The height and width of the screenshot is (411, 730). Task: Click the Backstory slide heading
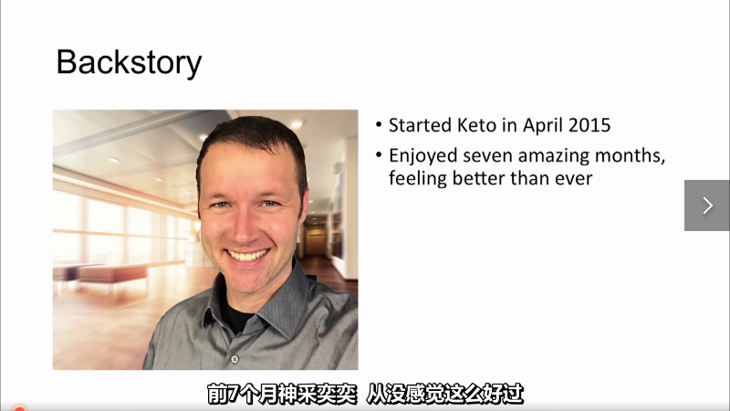(x=129, y=62)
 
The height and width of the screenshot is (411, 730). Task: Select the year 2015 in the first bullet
(x=589, y=125)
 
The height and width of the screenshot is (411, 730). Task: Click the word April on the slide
(x=542, y=126)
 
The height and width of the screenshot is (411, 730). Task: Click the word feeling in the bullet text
(x=418, y=179)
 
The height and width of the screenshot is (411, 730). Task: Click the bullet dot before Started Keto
(x=379, y=125)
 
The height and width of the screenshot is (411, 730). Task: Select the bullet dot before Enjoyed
(x=379, y=155)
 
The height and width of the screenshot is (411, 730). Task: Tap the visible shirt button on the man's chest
(x=235, y=359)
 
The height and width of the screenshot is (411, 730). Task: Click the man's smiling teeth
(x=247, y=255)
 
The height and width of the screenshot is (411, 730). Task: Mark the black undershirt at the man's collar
(x=237, y=316)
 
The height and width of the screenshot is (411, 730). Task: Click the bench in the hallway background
(x=111, y=275)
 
